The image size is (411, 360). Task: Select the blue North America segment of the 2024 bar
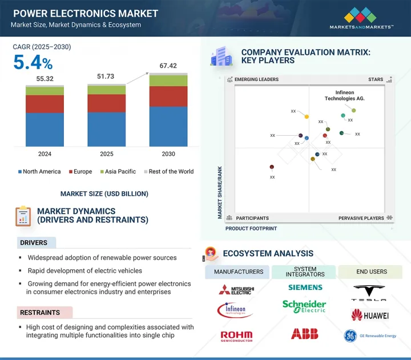pos(45,129)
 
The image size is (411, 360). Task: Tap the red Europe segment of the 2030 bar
pos(168,96)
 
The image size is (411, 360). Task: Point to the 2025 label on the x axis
pos(107,154)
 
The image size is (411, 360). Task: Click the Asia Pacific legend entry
pos(119,172)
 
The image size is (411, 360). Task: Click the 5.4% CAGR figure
pos(33,63)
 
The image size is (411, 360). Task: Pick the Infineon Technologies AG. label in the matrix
pos(344,95)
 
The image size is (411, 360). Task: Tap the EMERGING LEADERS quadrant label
pos(256,80)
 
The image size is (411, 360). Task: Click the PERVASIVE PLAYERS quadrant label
pos(361,218)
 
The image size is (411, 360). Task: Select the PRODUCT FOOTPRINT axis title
pos(251,228)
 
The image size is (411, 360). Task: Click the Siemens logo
pos(305,288)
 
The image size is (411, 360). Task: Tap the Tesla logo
pos(370,293)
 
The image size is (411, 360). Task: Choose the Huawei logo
pos(370,315)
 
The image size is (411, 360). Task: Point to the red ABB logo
pos(304,334)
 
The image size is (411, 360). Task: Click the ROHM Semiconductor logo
pos(236,335)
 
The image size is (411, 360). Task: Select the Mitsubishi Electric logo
pos(236,289)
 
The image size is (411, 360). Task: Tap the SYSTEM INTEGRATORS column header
pos(305,272)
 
